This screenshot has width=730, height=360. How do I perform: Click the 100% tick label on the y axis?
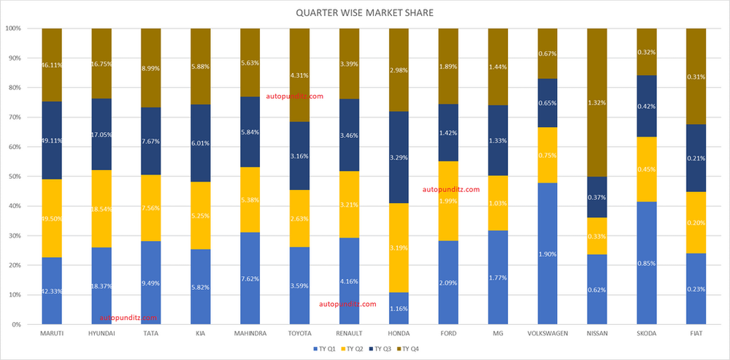pos(12,28)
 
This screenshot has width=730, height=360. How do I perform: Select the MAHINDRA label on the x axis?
pos(250,334)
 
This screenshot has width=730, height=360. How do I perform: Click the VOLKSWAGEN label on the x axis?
pos(547,334)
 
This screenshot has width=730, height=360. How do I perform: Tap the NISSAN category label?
pos(597,334)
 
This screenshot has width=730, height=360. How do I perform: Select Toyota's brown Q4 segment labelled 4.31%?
pos(300,75)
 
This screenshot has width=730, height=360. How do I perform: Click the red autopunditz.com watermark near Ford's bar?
pos(452,189)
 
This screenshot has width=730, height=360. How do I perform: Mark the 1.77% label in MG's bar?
pos(498,277)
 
